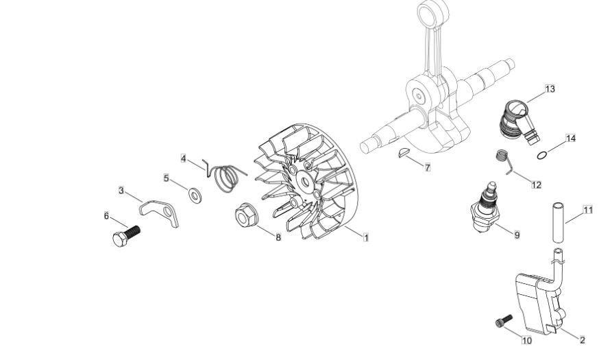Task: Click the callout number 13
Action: click(x=550, y=89)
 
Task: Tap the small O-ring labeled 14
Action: click(x=541, y=156)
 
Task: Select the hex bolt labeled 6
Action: click(x=126, y=235)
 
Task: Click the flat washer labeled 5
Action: click(x=195, y=195)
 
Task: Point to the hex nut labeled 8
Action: click(x=246, y=215)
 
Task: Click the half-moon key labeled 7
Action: click(x=402, y=152)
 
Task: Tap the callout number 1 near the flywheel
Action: click(x=366, y=237)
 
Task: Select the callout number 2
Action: click(x=583, y=340)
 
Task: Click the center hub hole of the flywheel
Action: click(x=304, y=180)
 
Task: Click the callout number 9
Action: click(x=517, y=235)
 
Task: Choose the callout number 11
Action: click(x=588, y=210)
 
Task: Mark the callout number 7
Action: click(x=428, y=167)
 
